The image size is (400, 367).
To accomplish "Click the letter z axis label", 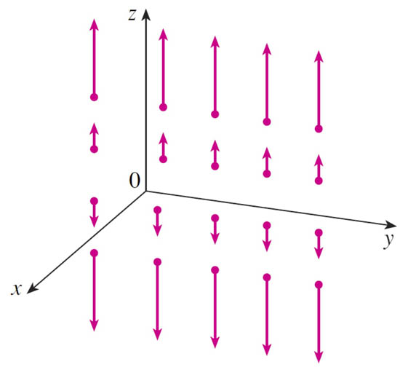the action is [x=132, y=15].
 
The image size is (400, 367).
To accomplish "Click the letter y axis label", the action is [x=389, y=240].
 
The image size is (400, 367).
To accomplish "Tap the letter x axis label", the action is [x=16, y=289].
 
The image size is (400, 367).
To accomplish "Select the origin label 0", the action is [x=135, y=180].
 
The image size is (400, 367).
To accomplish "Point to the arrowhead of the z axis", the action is [x=145, y=14].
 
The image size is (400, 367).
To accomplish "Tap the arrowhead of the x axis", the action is [x=32, y=288].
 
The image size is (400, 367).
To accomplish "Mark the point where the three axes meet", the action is [x=145, y=191].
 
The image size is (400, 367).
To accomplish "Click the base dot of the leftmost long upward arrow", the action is [x=94, y=97].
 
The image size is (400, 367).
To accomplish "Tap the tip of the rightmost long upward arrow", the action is [x=319, y=51].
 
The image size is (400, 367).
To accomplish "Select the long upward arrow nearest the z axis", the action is [x=163, y=70].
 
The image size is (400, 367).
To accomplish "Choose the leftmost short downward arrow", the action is [x=94, y=212].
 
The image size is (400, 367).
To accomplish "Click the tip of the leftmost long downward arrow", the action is [x=94, y=331].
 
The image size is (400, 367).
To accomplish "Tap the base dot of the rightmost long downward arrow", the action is [x=319, y=285].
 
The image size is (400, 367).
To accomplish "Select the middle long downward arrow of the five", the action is [x=215, y=307].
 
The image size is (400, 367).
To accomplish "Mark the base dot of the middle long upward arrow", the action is [x=215, y=114].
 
